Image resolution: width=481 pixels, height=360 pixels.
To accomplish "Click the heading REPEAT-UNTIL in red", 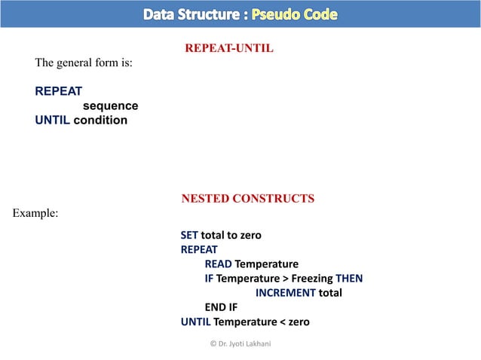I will coord(228,49).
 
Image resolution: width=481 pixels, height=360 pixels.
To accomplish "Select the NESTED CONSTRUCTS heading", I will coord(247,199).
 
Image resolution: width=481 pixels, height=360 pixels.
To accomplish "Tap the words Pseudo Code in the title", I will coord(294,14).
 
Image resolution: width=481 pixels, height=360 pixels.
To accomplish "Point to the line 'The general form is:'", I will coord(84,63).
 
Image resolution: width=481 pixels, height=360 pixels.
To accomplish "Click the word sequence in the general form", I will coord(110,106).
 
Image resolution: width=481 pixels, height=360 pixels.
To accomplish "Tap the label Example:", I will coord(35,214).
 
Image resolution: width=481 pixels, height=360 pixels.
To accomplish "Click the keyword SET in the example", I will coord(189,235).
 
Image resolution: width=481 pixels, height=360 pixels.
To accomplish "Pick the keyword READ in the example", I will coord(218,264).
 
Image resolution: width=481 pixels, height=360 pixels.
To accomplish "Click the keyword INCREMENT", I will coord(284,293).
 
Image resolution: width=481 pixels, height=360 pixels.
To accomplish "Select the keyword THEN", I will coord(349,279).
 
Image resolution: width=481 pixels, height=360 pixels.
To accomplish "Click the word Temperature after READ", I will coord(266,264).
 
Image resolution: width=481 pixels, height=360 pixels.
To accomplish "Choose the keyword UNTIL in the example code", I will coord(195,322).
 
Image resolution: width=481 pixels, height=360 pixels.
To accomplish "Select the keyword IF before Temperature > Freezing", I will coord(209,279).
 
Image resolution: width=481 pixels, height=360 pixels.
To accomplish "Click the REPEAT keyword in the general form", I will coord(59,92).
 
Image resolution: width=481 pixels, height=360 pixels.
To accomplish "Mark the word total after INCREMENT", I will coord(329,293).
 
